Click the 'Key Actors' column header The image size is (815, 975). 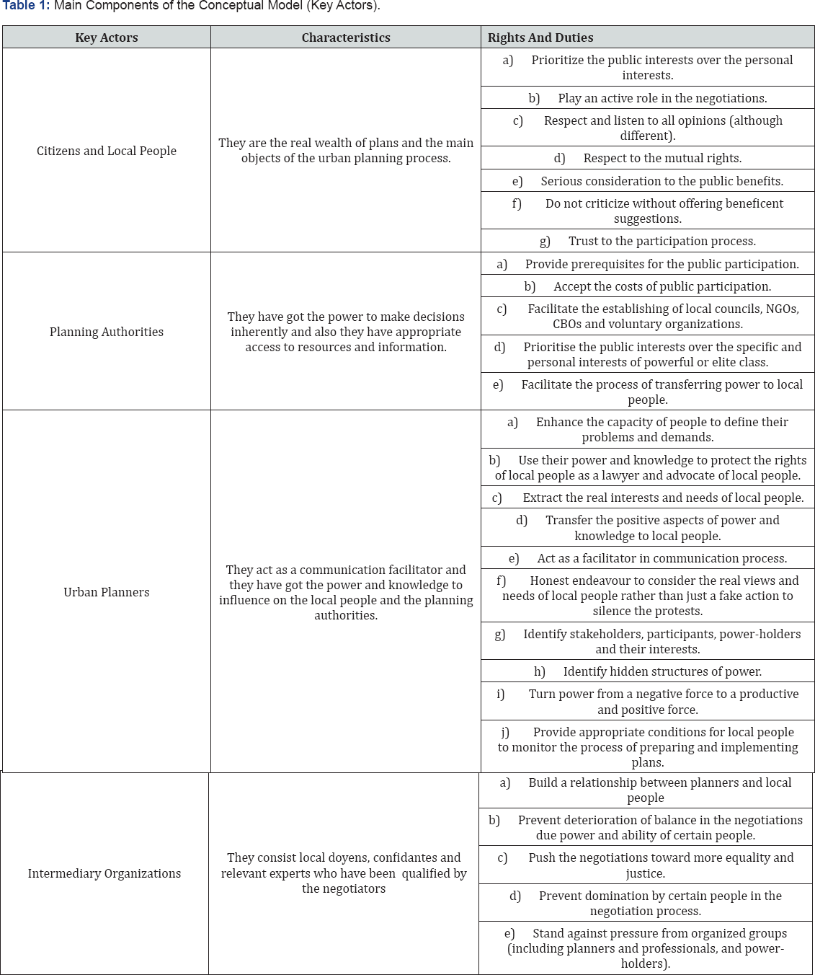[x=106, y=37]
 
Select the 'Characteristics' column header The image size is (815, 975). [x=346, y=37]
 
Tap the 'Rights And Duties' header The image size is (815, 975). [x=540, y=37]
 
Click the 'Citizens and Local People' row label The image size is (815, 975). [x=106, y=151]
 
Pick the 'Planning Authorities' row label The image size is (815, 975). [x=106, y=332]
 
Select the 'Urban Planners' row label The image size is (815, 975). [x=106, y=592]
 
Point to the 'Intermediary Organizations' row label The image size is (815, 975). [x=104, y=873]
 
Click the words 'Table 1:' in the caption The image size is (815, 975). [x=27, y=6]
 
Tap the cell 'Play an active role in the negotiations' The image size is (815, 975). [x=648, y=98]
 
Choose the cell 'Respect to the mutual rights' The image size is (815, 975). [x=648, y=158]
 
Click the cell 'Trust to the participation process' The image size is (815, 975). [x=648, y=241]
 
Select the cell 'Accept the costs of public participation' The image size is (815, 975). [x=648, y=286]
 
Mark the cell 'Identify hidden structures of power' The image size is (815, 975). [x=648, y=671]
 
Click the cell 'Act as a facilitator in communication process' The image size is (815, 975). [x=648, y=558]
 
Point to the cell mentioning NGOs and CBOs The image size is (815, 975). [x=648, y=317]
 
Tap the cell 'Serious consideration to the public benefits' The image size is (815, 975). [x=648, y=181]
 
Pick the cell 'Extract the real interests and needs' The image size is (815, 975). [x=648, y=498]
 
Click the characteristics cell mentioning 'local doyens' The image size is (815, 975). [x=344, y=873]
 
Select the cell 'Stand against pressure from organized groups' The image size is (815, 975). [x=646, y=948]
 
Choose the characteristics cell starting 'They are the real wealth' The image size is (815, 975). [x=346, y=151]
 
